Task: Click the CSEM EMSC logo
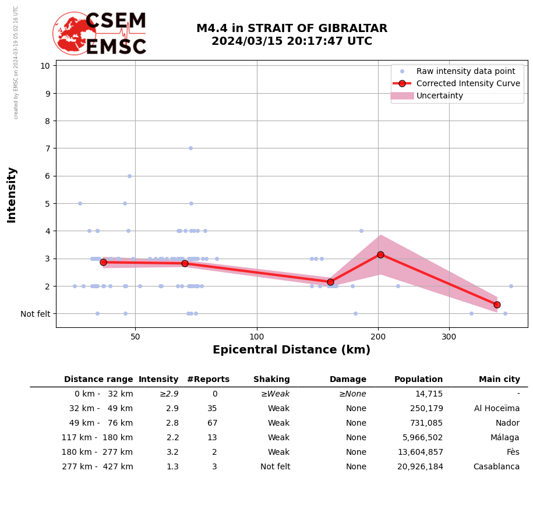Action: tap(100, 34)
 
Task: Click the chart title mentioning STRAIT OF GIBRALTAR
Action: tap(291, 35)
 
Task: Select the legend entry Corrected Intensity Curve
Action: tap(468, 83)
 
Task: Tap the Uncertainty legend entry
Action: tap(439, 96)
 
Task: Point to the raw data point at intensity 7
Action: tap(190, 148)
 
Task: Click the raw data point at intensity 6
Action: tap(129, 176)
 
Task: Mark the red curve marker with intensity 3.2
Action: tap(380, 254)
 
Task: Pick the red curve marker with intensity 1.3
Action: tap(497, 305)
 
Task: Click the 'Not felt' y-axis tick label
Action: tap(36, 314)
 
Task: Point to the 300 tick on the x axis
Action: tap(449, 337)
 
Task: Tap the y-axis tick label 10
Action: tap(45, 65)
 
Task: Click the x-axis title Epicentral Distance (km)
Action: tap(291, 350)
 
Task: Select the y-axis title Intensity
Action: tap(12, 194)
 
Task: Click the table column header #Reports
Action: tap(208, 380)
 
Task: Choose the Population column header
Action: tap(418, 380)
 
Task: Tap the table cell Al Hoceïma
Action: tap(496, 409)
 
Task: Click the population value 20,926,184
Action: tap(420, 467)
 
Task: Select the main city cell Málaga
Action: tap(504, 438)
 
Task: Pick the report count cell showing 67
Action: tap(212, 423)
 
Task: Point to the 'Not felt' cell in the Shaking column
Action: tap(275, 467)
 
